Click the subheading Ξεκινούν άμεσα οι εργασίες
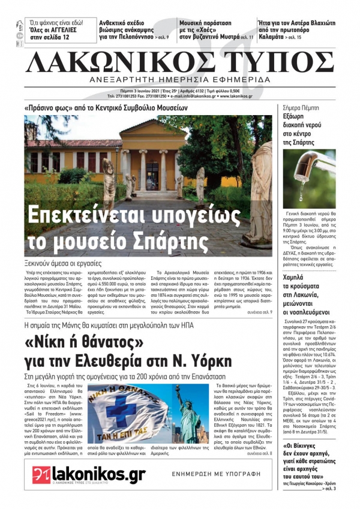click(x=63, y=263)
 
